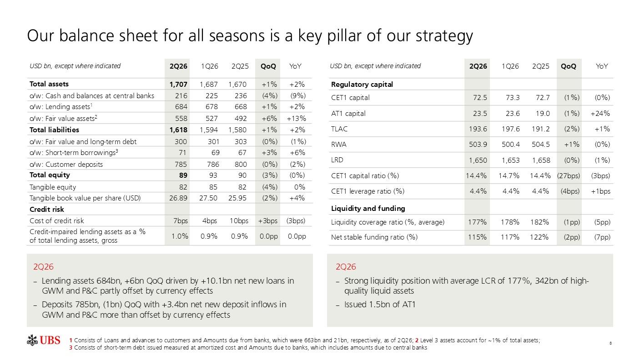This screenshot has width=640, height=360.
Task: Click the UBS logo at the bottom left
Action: tap(43, 340)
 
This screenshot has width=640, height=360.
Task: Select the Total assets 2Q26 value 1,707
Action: tap(178, 84)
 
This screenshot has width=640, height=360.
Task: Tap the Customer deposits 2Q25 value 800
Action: tap(241, 165)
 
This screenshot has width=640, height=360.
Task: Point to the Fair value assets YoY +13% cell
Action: tap(296, 118)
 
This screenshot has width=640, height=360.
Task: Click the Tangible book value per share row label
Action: tap(85, 198)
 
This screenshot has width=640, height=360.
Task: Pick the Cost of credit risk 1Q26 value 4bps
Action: tap(210, 221)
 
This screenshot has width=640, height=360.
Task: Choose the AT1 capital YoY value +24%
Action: tap(600, 114)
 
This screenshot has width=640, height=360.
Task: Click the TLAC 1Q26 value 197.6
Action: tap(510, 129)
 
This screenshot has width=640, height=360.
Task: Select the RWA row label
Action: tap(338, 145)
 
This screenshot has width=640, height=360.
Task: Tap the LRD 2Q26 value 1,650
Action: tap(478, 160)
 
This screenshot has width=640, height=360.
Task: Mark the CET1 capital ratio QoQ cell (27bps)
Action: tap(569, 175)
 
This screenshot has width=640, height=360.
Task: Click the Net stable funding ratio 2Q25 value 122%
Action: tap(539, 237)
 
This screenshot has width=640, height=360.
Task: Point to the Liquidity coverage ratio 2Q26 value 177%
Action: tap(477, 222)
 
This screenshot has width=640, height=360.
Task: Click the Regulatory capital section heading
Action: tap(362, 85)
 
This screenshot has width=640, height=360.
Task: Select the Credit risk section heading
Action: tap(46, 210)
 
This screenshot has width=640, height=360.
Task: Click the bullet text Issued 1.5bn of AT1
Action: tap(380, 305)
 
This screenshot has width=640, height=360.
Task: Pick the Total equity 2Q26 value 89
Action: tap(183, 175)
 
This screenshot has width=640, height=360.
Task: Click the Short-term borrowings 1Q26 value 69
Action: tap(216, 153)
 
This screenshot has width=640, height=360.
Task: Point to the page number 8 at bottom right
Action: tap(610, 343)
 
